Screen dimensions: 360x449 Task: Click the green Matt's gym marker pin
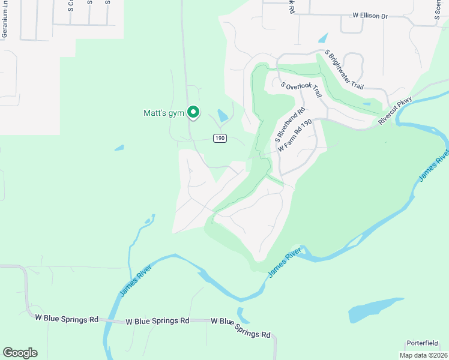[193, 112]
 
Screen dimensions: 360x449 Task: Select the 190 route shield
[220, 138]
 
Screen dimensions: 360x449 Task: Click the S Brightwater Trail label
[345, 70]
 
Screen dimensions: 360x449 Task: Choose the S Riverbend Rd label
[291, 125]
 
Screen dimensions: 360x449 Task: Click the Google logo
[20, 353]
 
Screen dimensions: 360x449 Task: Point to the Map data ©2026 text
[423, 355]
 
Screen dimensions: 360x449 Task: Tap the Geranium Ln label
[5, 23]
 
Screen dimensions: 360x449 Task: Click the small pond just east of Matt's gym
[223, 115]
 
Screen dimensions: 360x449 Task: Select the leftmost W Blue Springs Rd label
[67, 319]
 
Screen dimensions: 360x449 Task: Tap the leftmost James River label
[133, 281]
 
